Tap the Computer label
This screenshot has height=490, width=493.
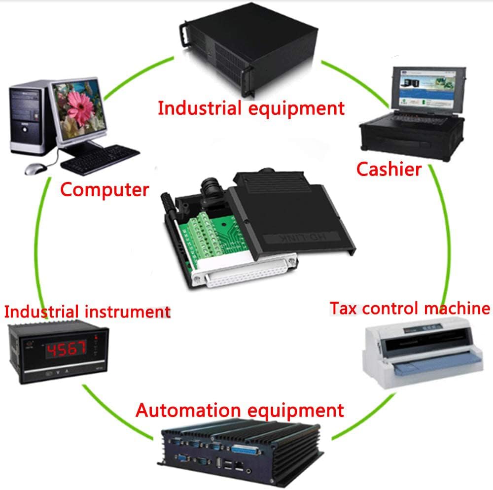[x=105, y=190]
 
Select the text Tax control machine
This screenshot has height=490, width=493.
[x=410, y=308]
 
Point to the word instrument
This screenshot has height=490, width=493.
[x=128, y=312]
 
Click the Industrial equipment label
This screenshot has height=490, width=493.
[x=251, y=108]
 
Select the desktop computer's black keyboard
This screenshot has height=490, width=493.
[x=100, y=160]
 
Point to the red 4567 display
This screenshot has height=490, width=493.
[x=66, y=349]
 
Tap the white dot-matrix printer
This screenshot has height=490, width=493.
[x=423, y=352]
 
